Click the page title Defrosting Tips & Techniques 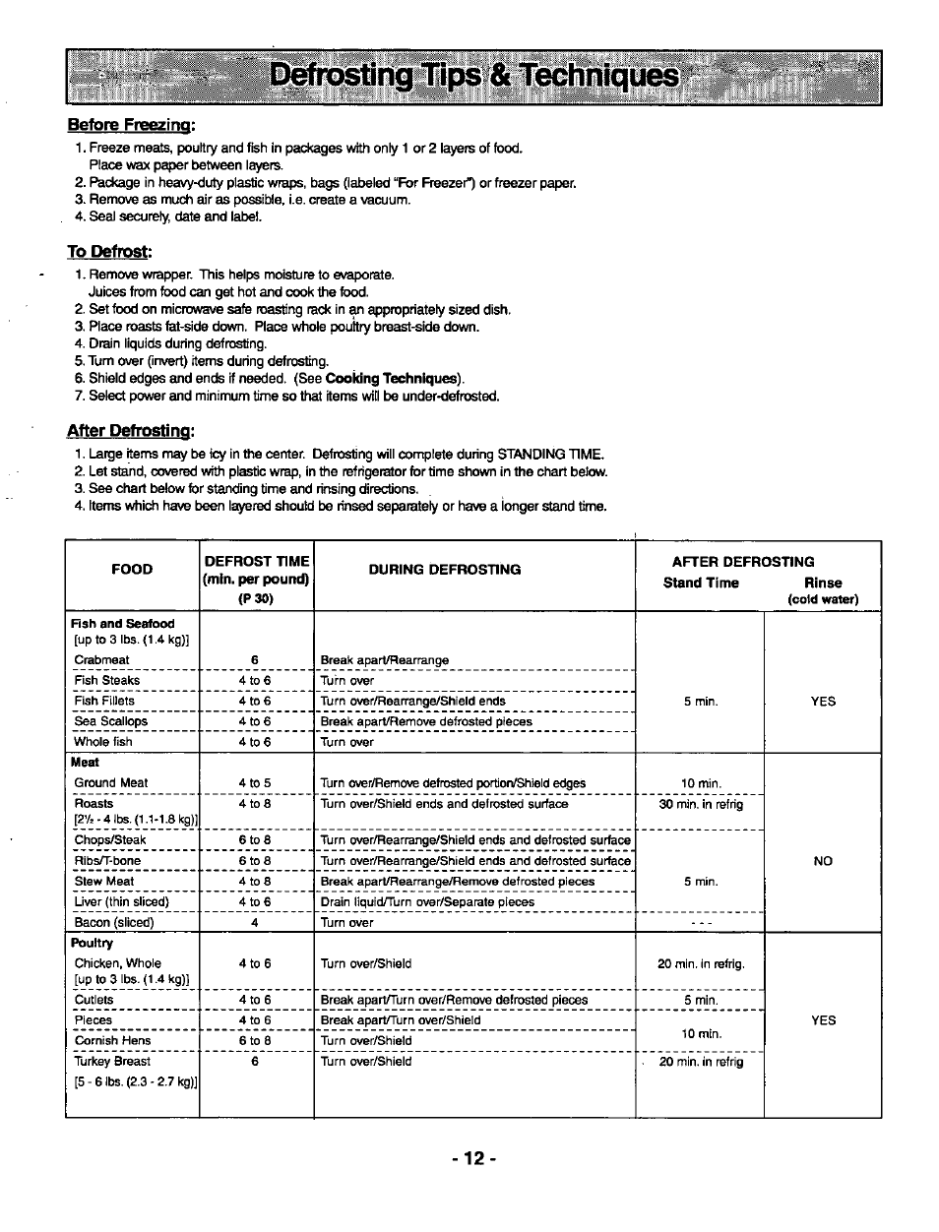click(473, 77)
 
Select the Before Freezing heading click(132, 125)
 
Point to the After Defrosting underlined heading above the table click(130, 431)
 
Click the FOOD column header click(133, 569)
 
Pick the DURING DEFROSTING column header click(445, 569)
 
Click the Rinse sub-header click(823, 583)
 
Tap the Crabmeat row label click(102, 660)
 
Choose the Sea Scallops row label click(111, 721)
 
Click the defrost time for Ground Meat click(254, 783)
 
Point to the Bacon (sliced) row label click(114, 923)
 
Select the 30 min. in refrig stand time click(701, 804)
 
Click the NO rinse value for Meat click(823, 861)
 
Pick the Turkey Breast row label click(113, 1062)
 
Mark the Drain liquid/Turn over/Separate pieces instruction click(428, 901)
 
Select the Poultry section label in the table click(92, 943)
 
